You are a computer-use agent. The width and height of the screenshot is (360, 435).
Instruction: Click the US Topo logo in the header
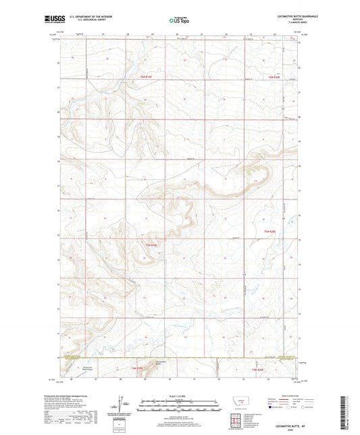pyautogui.click(x=177, y=21)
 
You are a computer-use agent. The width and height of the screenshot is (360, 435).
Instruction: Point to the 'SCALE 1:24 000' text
pyautogui.click(x=180, y=396)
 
